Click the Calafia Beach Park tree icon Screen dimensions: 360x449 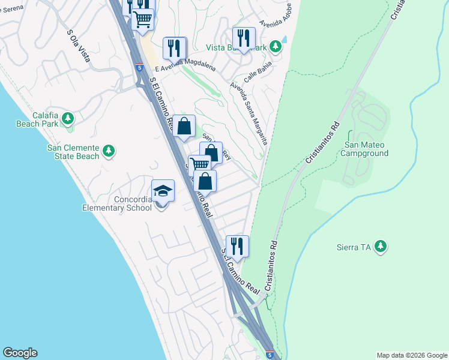[68, 117]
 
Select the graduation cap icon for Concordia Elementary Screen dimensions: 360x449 [163, 191]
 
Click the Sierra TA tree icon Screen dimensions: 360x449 [379, 246]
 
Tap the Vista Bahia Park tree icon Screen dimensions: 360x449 [275, 46]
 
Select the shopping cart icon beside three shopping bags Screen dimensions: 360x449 [200, 165]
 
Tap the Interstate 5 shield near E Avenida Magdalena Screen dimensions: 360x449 [139, 67]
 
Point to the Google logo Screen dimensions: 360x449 [20, 353]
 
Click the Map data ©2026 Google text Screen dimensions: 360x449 [411, 355]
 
